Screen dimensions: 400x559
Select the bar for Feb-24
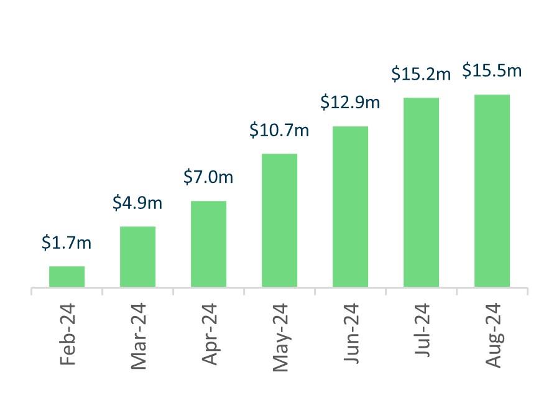click(x=67, y=276)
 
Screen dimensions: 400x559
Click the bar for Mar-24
click(x=137, y=256)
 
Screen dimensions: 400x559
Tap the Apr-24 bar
click(x=208, y=244)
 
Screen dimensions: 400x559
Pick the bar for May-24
click(x=279, y=220)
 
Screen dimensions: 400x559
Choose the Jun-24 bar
click(x=350, y=207)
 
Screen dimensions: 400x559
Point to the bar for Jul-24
click(x=421, y=192)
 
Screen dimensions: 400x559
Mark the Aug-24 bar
click(x=492, y=190)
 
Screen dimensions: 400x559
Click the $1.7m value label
click(x=67, y=243)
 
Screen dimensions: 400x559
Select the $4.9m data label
click(x=137, y=203)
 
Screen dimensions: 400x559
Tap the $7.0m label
click(x=208, y=177)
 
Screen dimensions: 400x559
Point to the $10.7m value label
click(x=279, y=131)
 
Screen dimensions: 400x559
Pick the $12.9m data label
click(x=350, y=103)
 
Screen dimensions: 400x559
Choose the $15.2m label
click(x=421, y=75)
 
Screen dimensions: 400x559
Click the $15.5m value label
click(x=492, y=71)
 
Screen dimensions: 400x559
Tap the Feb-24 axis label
click(x=67, y=334)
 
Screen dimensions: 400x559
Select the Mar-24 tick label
click(x=137, y=336)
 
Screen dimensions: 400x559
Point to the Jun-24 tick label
click(x=350, y=334)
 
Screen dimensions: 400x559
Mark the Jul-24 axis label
click(x=422, y=331)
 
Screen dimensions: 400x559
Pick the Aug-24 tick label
click(x=492, y=335)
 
